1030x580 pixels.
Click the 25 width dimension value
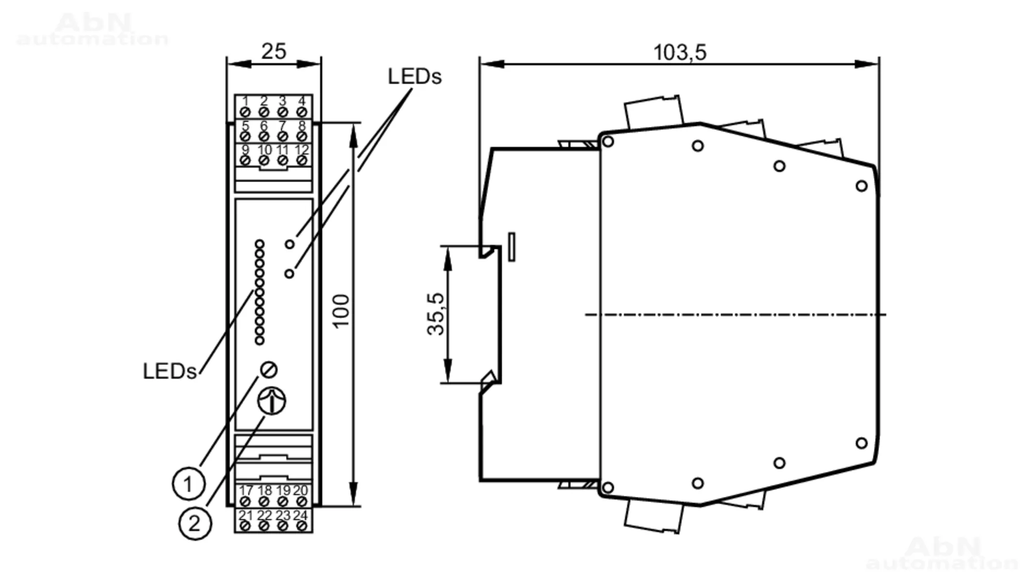click(x=273, y=51)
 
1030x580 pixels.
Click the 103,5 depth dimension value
click(x=679, y=52)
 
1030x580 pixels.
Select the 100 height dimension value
click(x=340, y=311)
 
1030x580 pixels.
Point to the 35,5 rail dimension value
click(x=436, y=314)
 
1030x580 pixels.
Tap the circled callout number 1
click(x=188, y=484)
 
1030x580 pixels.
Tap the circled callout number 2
click(x=195, y=523)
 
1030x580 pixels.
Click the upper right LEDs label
click(x=415, y=77)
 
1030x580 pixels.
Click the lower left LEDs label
click(x=169, y=371)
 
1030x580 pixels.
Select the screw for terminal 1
click(x=245, y=112)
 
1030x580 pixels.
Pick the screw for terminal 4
click(x=302, y=112)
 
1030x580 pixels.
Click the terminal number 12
click(x=302, y=150)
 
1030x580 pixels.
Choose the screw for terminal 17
click(x=245, y=501)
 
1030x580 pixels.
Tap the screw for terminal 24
click(x=302, y=526)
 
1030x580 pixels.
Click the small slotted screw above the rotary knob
click(x=269, y=370)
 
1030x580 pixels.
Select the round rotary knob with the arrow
click(x=271, y=401)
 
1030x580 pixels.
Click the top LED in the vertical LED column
click(x=260, y=244)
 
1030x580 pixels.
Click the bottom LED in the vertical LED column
click(x=260, y=340)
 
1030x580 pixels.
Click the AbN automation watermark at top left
click(x=93, y=30)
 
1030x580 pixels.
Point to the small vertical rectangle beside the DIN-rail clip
click(x=511, y=247)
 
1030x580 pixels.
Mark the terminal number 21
click(x=246, y=515)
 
